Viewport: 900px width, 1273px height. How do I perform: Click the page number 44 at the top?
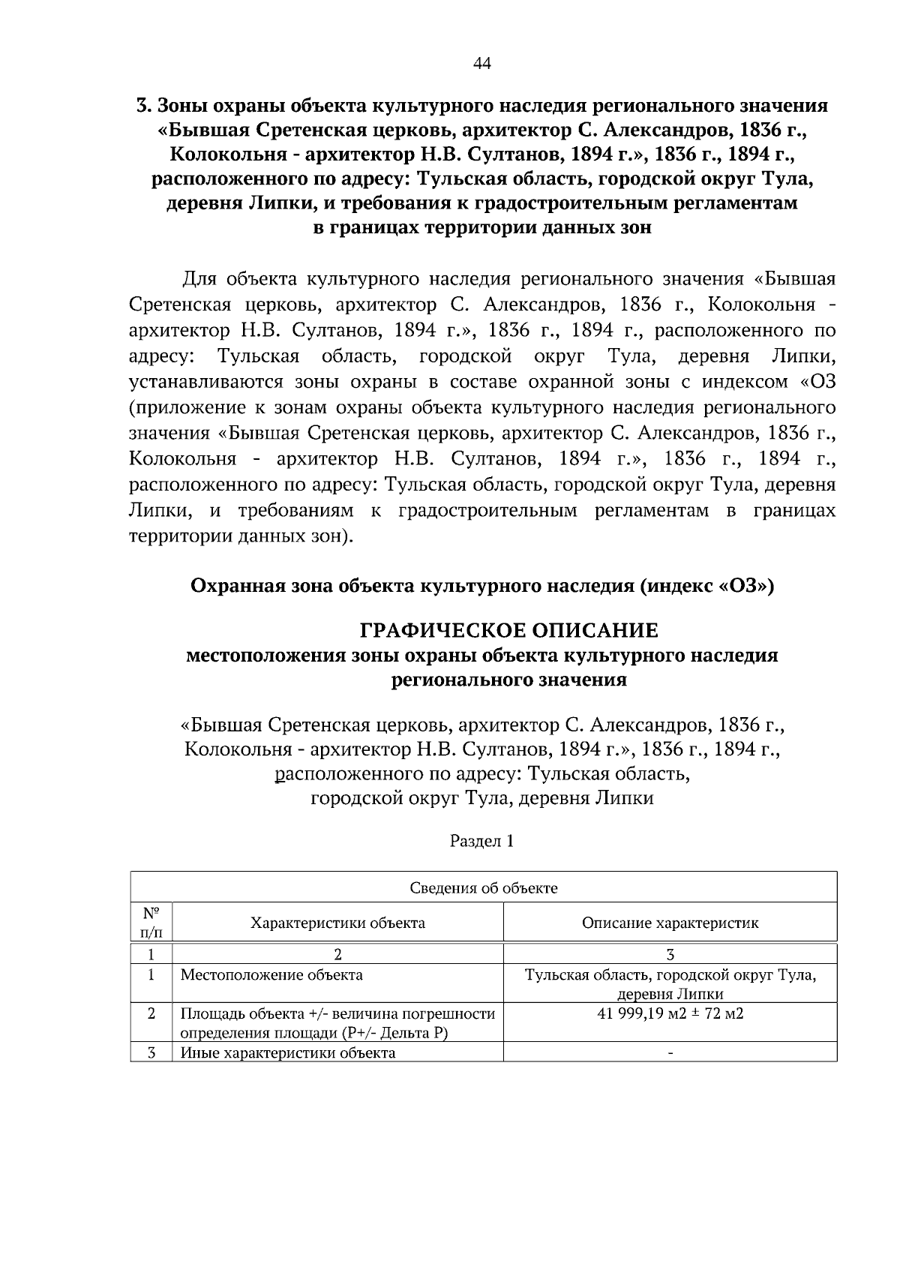[481, 64]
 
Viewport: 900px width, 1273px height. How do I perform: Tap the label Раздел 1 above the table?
[481, 841]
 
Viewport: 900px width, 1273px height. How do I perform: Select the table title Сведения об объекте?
[484, 888]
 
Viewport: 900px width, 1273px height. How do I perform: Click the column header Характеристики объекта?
[337, 923]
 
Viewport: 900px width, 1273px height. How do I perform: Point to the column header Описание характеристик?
[670, 923]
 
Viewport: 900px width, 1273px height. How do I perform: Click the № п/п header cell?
[151, 923]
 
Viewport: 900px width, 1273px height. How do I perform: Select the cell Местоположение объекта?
[271, 975]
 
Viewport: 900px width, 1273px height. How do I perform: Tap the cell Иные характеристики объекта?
[288, 1052]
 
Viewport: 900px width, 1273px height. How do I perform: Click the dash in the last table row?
[670, 1053]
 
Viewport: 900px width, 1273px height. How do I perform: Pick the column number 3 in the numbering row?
[670, 954]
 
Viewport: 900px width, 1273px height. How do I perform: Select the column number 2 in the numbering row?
[337, 954]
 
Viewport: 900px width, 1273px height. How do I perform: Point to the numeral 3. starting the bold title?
[144, 106]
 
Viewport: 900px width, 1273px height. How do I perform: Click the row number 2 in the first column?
[151, 1013]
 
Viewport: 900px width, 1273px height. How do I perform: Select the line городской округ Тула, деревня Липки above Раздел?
[481, 798]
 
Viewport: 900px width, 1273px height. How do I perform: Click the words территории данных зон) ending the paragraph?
[241, 537]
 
